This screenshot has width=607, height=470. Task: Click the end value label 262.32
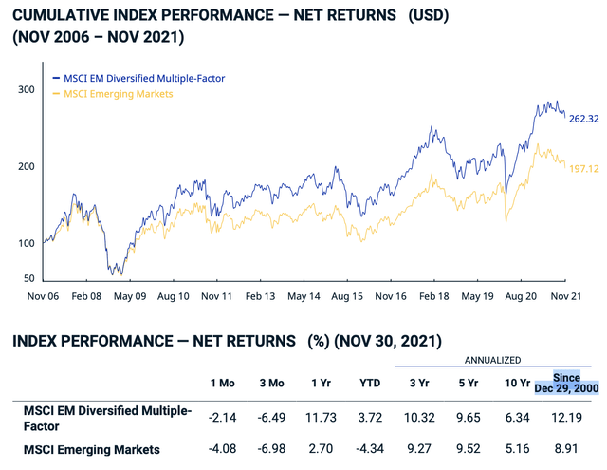pos(584,120)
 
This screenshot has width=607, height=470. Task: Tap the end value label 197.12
pos(584,169)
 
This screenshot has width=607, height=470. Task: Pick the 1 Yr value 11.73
pos(322,417)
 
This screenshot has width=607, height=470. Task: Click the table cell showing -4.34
pos(369,449)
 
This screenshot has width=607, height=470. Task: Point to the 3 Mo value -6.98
pos(271,449)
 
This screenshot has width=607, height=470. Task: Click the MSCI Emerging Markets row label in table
pos(92,449)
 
